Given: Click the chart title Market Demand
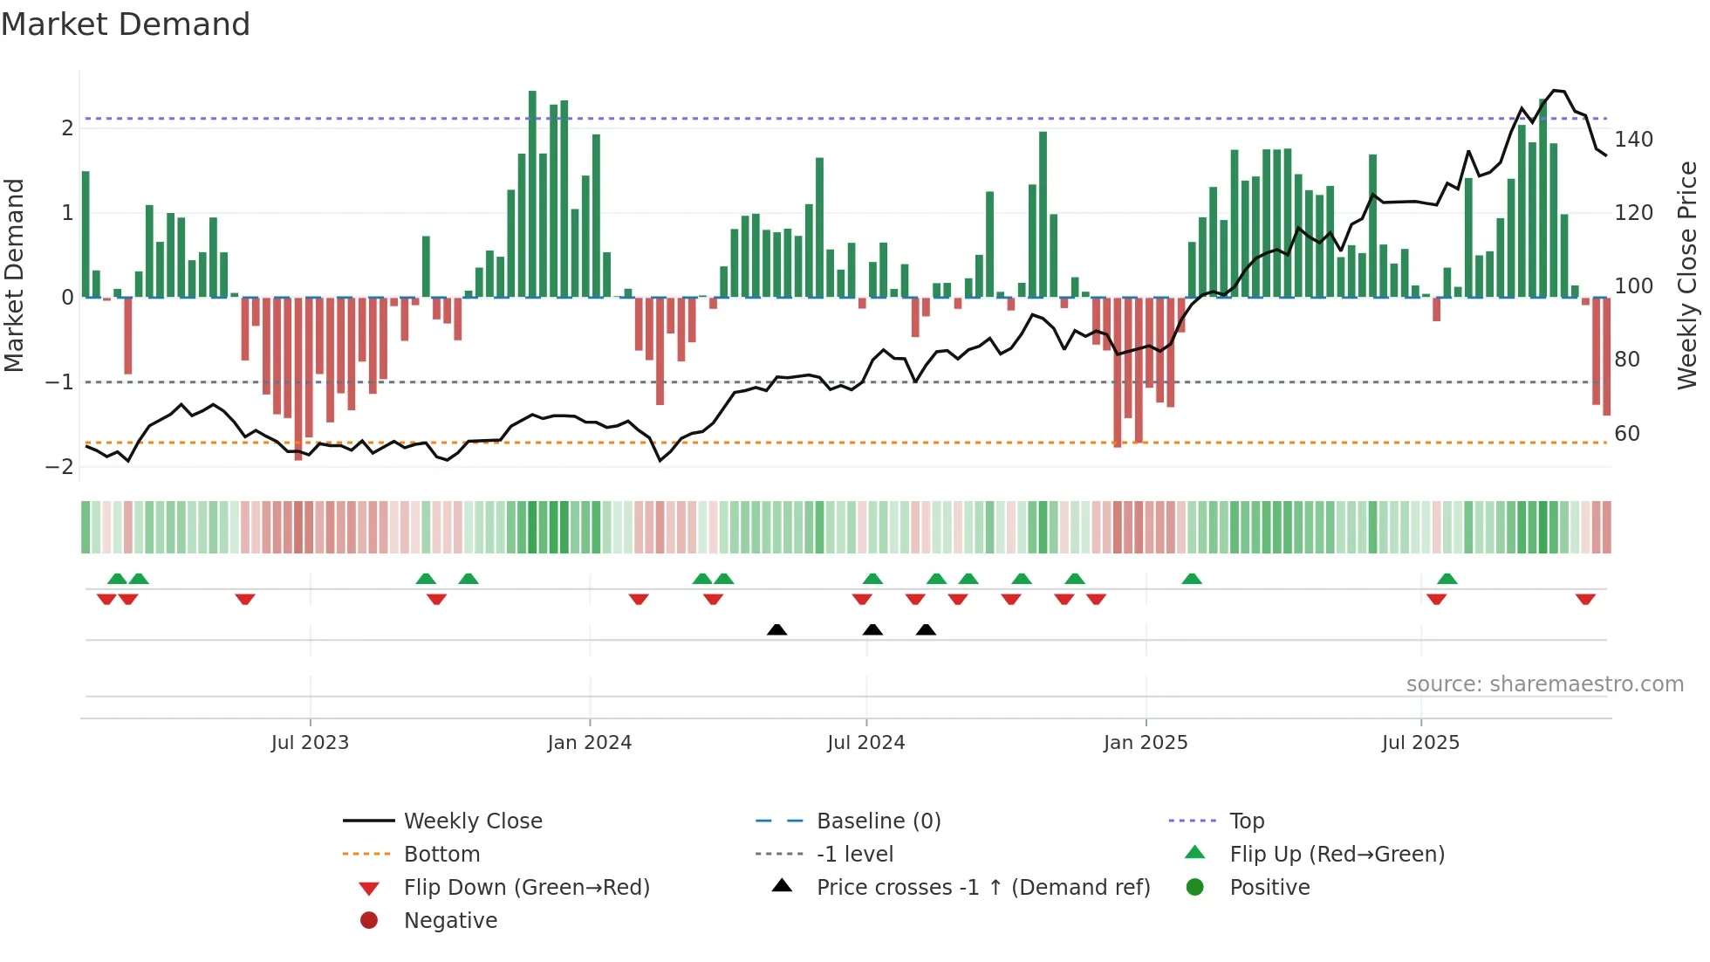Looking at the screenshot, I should pyautogui.click(x=126, y=24).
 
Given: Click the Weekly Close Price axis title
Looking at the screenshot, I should pyautogui.click(x=1687, y=275).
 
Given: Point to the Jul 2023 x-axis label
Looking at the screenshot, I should pyautogui.click(x=310, y=743).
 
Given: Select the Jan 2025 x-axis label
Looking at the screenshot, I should pyautogui.click(x=1145, y=743).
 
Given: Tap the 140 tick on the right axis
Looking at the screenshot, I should pyautogui.click(x=1632, y=140).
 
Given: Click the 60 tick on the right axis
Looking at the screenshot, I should pyautogui.click(x=1626, y=434).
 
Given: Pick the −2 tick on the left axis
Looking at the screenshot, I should pyautogui.click(x=60, y=467).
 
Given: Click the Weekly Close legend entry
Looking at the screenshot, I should pyautogui.click(x=472, y=821).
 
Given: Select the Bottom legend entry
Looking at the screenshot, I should pyautogui.click(x=441, y=855).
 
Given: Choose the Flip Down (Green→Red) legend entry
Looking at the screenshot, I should pyautogui.click(x=526, y=888).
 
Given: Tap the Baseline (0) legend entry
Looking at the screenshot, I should pyautogui.click(x=878, y=821).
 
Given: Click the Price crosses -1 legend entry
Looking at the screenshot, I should pyautogui.click(x=982, y=888).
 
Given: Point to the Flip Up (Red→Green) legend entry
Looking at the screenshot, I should pyautogui.click(x=1336, y=855).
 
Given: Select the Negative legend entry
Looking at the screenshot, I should pyautogui.click(x=450, y=921).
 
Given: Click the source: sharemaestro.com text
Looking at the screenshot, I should pyautogui.click(x=1544, y=684).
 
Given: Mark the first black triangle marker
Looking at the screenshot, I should pyautogui.click(x=776, y=629).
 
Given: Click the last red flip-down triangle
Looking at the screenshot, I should pyautogui.click(x=1585, y=599).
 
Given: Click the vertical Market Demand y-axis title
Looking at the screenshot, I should pyautogui.click(x=15, y=275).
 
